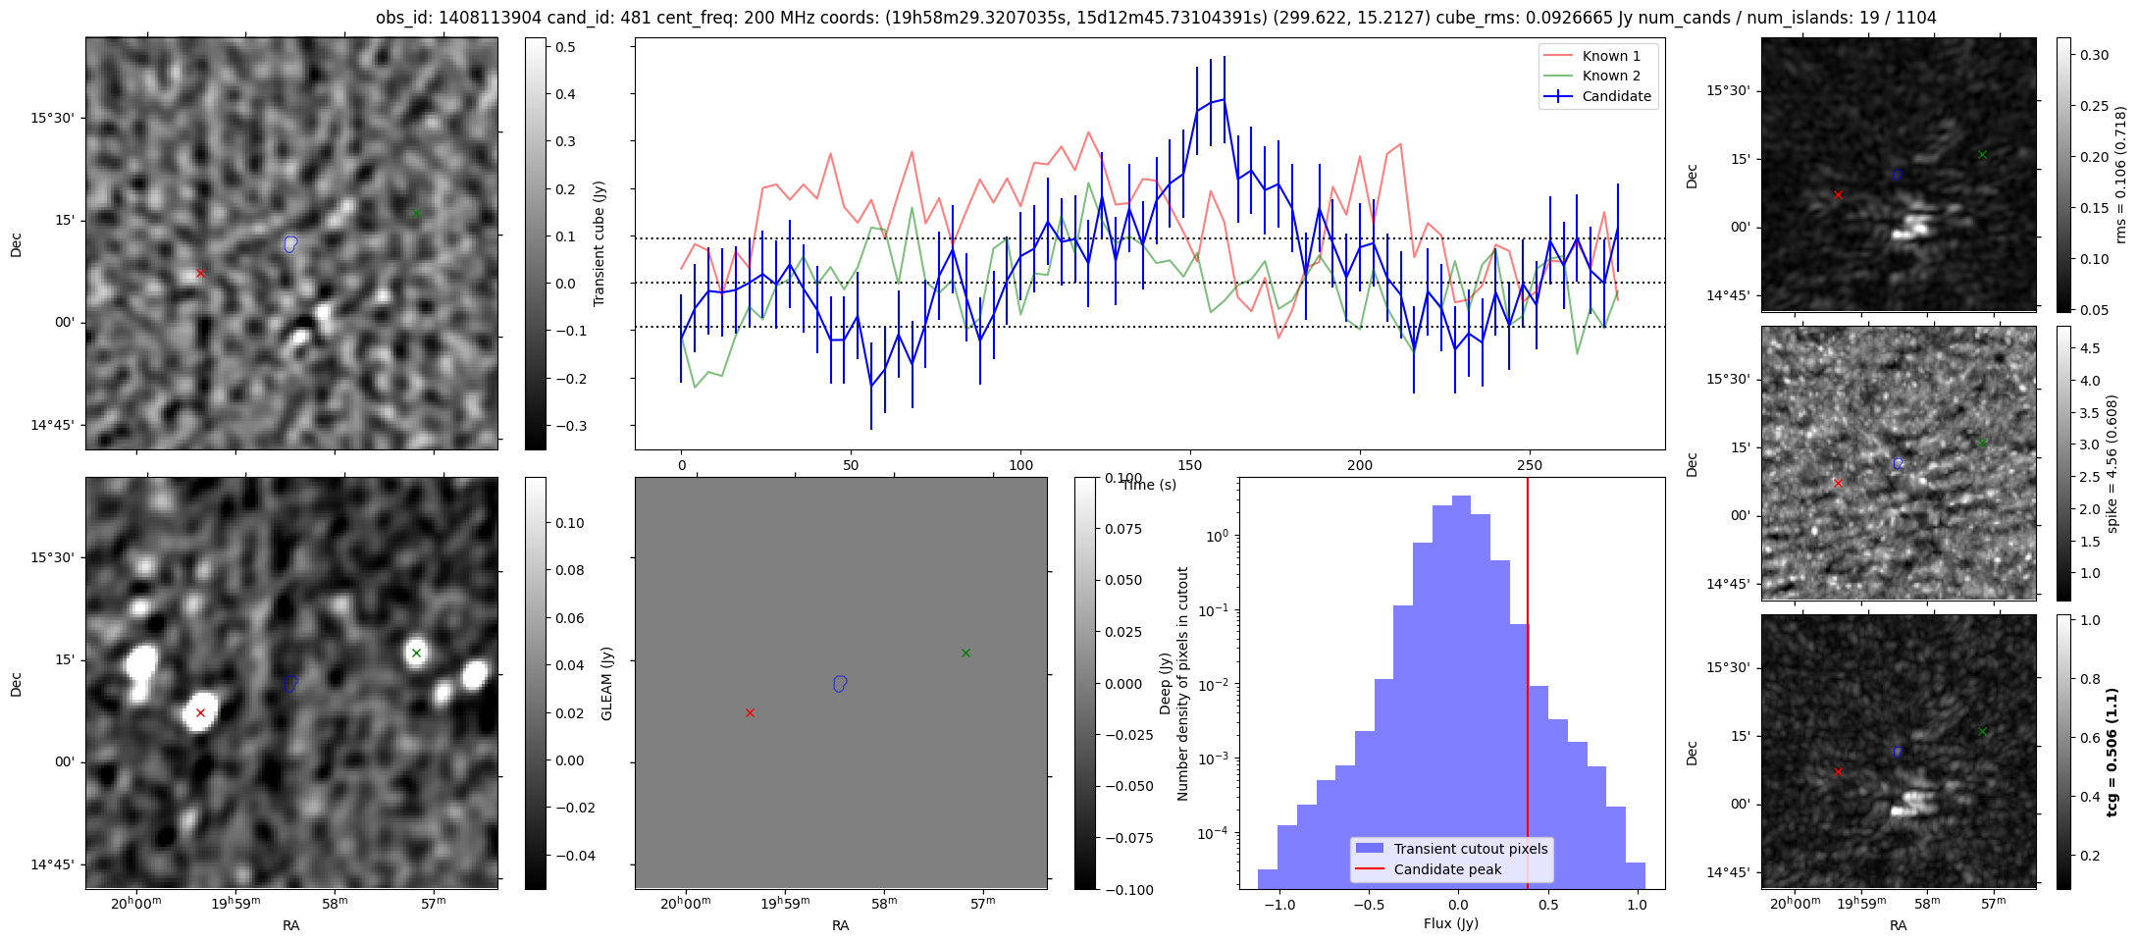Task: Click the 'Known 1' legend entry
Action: pos(1610,56)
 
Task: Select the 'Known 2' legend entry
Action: pos(1610,76)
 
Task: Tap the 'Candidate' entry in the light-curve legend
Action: pos(1616,96)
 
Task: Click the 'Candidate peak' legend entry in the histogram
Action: pos(1447,869)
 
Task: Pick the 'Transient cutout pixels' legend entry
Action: pos(1470,849)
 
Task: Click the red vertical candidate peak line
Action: pos(1528,687)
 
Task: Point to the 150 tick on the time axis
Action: pos(1190,465)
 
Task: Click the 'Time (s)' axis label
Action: pos(1149,485)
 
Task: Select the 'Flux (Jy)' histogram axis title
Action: pos(1450,923)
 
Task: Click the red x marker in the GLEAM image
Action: pos(200,713)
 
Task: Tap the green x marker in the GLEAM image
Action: pos(416,653)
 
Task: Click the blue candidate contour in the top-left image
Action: pos(289,243)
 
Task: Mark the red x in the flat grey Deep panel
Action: pos(750,713)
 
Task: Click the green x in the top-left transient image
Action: pos(416,213)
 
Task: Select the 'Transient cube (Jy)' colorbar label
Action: pos(599,243)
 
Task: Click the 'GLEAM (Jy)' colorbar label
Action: pos(606,684)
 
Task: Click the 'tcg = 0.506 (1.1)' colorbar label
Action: pos(2112,752)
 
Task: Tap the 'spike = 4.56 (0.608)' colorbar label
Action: pos(2112,463)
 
